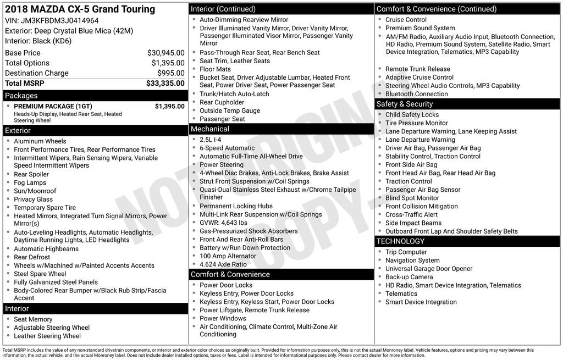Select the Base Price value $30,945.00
[165, 53]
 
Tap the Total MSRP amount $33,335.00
[165, 84]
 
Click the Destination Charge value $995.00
[170, 74]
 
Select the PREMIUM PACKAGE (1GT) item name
[53, 107]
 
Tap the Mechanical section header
[210, 129]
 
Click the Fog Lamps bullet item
[30, 183]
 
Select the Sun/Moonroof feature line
[35, 191]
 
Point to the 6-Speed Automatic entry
[227, 148]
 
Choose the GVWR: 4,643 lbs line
[223, 223]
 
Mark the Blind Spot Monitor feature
[412, 198]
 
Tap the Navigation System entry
[412, 261]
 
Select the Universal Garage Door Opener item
[429, 269]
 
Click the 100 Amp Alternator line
[228, 256]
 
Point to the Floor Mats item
[216, 69]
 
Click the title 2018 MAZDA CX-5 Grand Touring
[80, 9]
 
